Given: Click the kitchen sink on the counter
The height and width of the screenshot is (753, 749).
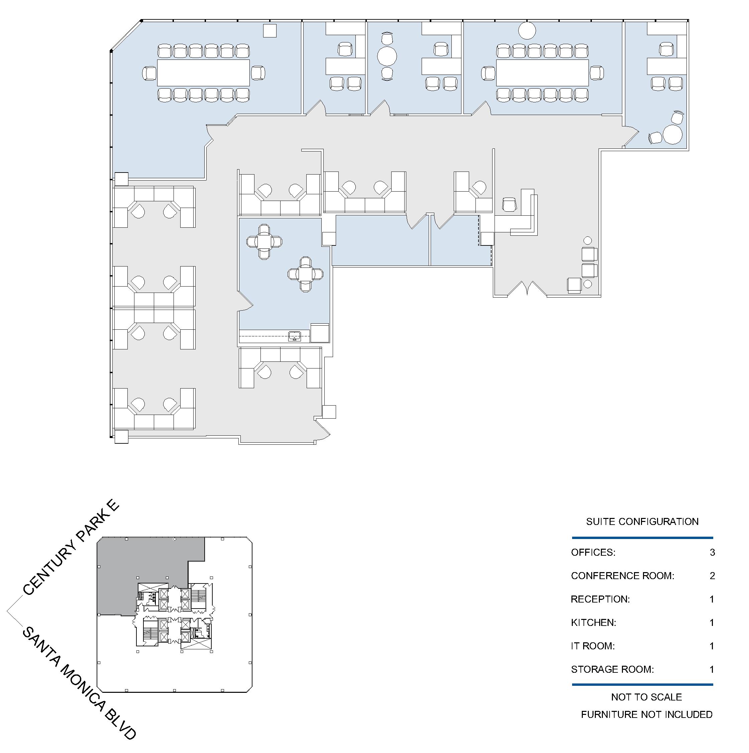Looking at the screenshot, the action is click(295, 336).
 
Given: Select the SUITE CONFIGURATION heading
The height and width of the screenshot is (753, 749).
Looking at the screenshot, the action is click(642, 522).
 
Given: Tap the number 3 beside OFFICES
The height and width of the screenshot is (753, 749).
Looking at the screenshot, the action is click(712, 552).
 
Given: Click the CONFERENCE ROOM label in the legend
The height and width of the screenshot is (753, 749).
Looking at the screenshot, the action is click(622, 576).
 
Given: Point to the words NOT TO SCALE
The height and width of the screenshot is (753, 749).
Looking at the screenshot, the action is click(646, 697).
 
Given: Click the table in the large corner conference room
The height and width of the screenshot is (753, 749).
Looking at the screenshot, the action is click(203, 73).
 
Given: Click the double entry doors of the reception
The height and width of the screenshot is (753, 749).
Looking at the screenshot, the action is click(527, 289).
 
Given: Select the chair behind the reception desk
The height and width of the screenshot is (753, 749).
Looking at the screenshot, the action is click(509, 205).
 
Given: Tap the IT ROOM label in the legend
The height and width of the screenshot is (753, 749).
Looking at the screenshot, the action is click(593, 646).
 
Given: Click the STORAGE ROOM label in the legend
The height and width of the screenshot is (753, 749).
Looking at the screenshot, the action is click(612, 669).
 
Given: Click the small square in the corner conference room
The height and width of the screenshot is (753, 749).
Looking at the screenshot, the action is click(270, 31).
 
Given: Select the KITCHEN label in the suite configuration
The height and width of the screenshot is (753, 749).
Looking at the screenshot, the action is click(594, 623).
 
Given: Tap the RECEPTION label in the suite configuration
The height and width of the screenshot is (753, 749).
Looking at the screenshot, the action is click(600, 599).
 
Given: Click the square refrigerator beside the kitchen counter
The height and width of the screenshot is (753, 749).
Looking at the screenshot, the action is click(320, 333).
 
